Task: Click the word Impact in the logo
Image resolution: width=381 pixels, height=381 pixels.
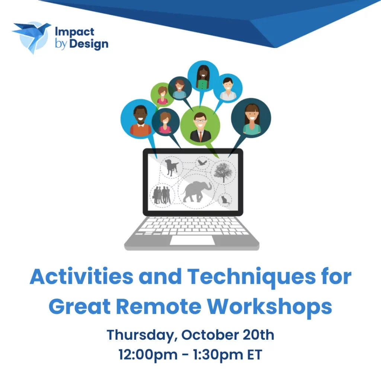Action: coord(74,32)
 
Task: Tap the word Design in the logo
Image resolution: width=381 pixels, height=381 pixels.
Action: coord(89,45)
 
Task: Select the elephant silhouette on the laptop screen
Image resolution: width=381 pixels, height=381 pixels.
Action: coord(196,192)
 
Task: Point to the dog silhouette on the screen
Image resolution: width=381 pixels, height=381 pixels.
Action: coord(172,167)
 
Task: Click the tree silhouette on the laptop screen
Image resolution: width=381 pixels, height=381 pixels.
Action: coord(223,172)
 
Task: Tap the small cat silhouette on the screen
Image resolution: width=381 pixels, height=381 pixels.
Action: coord(225,200)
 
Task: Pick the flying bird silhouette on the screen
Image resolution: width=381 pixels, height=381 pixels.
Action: coord(202,163)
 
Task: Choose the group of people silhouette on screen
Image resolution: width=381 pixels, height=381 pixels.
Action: coord(162,195)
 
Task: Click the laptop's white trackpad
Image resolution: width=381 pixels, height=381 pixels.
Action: coord(192,240)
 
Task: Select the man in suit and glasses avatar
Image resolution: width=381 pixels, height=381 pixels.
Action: coord(200,126)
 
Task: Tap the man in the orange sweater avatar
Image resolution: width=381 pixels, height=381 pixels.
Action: coord(140,119)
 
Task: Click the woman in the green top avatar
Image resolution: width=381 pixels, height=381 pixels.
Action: coord(203,76)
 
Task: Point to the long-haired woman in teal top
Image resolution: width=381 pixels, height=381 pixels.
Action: coord(251,118)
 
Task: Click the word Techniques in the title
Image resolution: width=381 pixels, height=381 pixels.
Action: coord(251,277)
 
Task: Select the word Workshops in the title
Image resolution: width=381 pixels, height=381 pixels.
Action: coord(269,306)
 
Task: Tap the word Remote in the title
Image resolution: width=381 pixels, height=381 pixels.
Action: coord(159,306)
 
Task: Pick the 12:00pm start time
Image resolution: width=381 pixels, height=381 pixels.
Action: coord(148,355)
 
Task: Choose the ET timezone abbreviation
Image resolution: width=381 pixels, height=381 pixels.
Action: coord(254,355)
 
